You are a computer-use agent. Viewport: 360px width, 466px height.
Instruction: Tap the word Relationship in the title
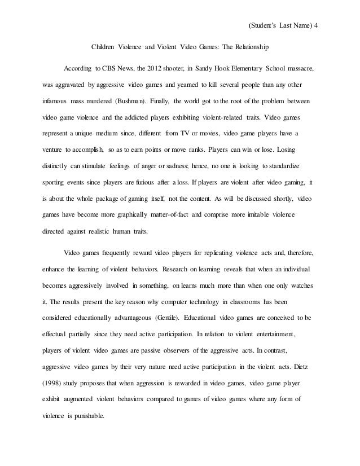coord(251,46)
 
